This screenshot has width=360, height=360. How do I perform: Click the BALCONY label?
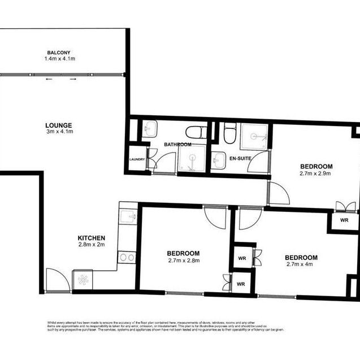pos(59,52)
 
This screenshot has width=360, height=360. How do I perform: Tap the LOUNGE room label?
pos(59,125)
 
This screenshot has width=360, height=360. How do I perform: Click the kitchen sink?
pos(128,216)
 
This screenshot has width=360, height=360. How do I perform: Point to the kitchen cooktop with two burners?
pos(128,258)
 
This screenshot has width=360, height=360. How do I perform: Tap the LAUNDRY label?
pos(137,159)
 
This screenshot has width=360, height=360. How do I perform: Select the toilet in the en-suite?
pos(228,134)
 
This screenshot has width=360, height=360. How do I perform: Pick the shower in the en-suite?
pos(254,136)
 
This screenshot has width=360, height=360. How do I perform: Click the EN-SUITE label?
pos(241,158)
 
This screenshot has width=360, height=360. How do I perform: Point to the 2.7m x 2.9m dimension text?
pos(316,174)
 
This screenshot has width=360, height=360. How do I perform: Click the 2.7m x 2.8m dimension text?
pos(183,261)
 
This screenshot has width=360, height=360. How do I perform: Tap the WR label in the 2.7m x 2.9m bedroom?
pos(344,220)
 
